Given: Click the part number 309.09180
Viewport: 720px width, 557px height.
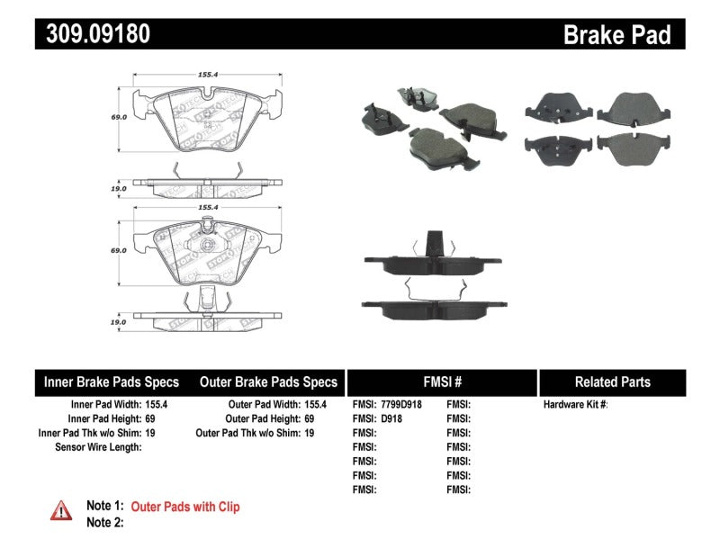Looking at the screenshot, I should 93,34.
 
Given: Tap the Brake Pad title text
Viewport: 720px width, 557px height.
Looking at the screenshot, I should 616,34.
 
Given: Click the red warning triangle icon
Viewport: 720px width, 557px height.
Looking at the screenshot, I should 61,510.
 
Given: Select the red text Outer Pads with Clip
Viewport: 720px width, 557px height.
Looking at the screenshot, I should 185,508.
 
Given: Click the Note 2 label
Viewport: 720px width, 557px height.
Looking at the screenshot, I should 104,522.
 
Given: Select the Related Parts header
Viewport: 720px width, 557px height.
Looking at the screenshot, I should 611,382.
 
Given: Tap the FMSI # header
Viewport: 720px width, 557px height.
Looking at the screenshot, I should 442,382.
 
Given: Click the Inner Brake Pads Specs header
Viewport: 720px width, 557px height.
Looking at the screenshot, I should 112,382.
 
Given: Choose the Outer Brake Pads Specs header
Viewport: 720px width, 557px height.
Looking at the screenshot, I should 268,382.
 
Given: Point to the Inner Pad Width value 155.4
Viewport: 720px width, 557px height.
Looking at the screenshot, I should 158,405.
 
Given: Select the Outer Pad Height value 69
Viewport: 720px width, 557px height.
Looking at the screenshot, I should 309,418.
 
